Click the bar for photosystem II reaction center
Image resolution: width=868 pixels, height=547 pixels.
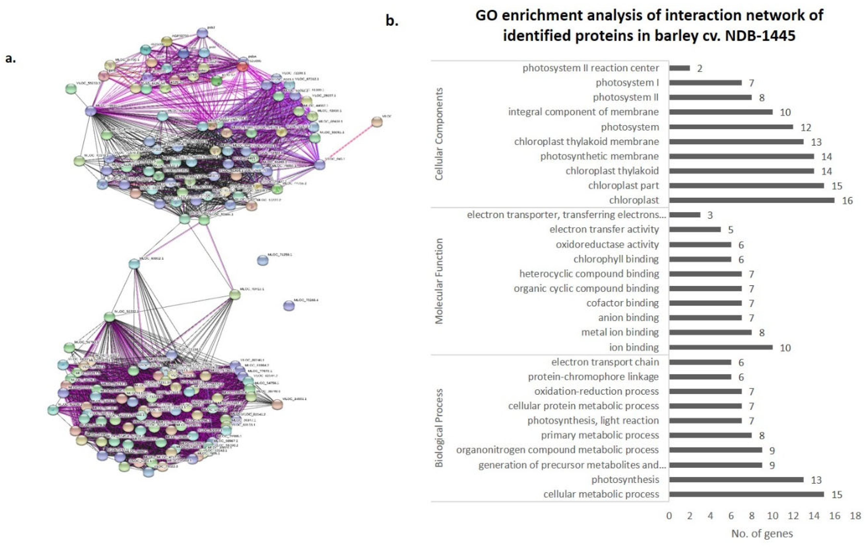(679, 68)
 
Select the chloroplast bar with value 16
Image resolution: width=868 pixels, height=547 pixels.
(752, 200)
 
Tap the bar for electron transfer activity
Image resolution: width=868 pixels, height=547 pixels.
(695, 229)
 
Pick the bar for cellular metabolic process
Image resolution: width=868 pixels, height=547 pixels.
(746, 494)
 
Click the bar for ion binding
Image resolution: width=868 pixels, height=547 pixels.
(721, 347)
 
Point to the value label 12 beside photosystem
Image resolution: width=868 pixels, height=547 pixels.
(806, 127)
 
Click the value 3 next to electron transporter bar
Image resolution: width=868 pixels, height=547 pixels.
(710, 215)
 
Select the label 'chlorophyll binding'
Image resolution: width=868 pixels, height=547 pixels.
(616, 259)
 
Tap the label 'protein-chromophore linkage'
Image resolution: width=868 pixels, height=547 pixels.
(593, 377)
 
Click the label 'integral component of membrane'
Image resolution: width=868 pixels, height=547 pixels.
(583, 112)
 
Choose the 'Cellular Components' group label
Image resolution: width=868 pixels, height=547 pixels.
(439, 134)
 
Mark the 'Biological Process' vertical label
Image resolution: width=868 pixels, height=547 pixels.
(439, 428)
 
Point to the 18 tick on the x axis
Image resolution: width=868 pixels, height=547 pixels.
(855, 516)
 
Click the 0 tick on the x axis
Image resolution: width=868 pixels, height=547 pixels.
(669, 516)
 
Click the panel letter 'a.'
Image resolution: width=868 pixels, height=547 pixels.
(10, 58)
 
